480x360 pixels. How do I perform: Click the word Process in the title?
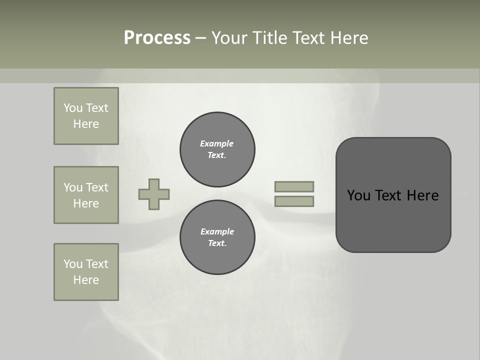pos(157,38)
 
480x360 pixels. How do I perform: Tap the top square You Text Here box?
pos(86,116)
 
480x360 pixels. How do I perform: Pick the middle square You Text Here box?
pos(86,195)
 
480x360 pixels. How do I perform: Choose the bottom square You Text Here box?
pos(86,272)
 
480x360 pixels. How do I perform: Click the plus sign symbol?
pos(154,194)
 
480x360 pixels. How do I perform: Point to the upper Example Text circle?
pos(217,149)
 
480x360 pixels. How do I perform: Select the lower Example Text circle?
pos(217,237)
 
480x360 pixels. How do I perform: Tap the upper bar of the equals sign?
pos(294,186)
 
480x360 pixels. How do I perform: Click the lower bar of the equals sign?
pos(294,201)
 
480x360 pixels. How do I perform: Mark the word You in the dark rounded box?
pos(359,195)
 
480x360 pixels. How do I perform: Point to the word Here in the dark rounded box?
pos(422,195)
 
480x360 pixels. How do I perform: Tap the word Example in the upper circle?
pos(217,143)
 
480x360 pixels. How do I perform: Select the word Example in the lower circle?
pos(217,231)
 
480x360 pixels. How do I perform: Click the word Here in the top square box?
pos(86,124)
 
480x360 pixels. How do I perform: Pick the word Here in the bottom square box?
pos(86,280)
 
